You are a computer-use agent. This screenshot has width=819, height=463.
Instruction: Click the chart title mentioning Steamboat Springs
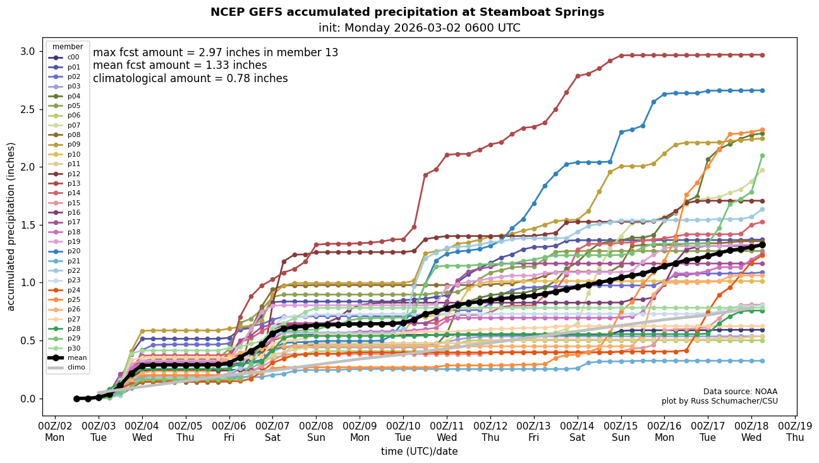click(x=407, y=12)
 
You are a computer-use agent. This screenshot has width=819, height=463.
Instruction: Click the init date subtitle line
click(x=420, y=28)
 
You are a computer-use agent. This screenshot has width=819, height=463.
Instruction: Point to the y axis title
click(x=11, y=226)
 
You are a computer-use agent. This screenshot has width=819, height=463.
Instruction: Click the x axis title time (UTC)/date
click(x=419, y=452)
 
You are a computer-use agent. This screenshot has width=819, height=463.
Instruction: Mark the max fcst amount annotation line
click(x=215, y=52)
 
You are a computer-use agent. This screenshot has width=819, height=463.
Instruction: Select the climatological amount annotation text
click(x=190, y=78)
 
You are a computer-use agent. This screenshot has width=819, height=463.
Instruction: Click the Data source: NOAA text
click(x=740, y=392)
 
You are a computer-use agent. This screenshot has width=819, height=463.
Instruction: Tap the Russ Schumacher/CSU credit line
click(x=719, y=401)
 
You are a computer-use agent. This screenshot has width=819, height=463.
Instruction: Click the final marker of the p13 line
click(x=762, y=55)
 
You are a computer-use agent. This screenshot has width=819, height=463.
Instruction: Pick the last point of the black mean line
click(x=762, y=244)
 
